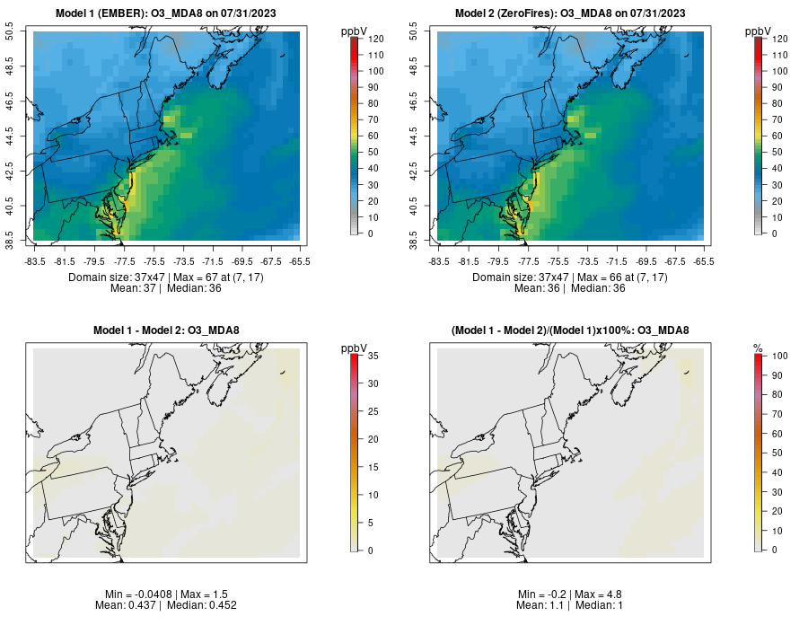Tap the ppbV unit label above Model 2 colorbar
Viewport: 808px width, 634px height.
pyautogui.click(x=760, y=31)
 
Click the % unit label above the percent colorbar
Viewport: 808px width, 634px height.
pyautogui.click(x=758, y=348)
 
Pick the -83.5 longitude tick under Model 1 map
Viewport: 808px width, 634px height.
pyautogui.click(x=35, y=261)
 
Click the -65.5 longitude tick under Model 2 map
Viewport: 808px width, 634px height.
pyautogui.click(x=704, y=261)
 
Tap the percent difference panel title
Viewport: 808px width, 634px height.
pyautogui.click(x=570, y=330)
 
